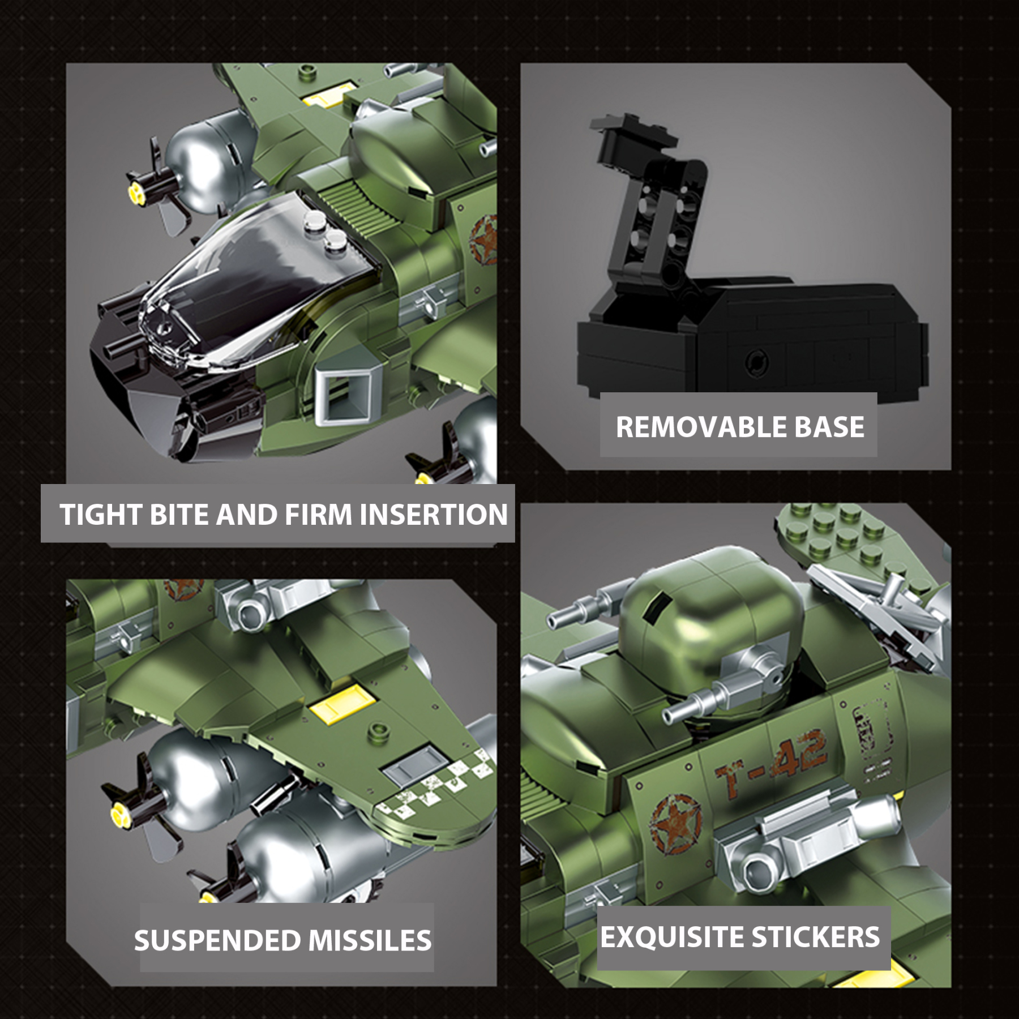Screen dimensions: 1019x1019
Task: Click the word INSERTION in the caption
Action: coord(433,515)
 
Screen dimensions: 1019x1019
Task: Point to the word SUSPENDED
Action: coord(217,940)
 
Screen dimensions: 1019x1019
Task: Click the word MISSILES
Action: coord(370,940)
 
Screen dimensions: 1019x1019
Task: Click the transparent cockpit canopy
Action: coord(255,283)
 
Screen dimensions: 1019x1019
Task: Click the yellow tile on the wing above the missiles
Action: coord(342,704)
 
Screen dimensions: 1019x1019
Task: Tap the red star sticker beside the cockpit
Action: coord(485,238)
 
